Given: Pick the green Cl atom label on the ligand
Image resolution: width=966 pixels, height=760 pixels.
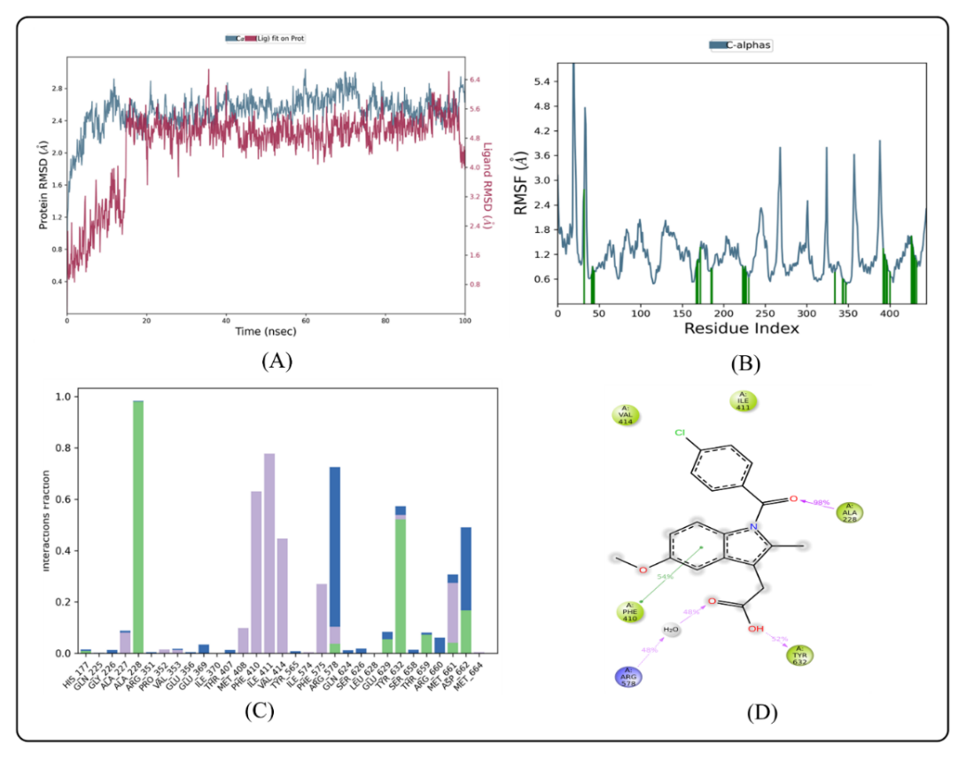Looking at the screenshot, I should click(x=680, y=433).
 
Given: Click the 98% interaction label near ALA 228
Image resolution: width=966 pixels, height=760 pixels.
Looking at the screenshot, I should click(x=820, y=502).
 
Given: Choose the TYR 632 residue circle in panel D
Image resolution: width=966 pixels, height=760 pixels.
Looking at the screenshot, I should click(x=799, y=655).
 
